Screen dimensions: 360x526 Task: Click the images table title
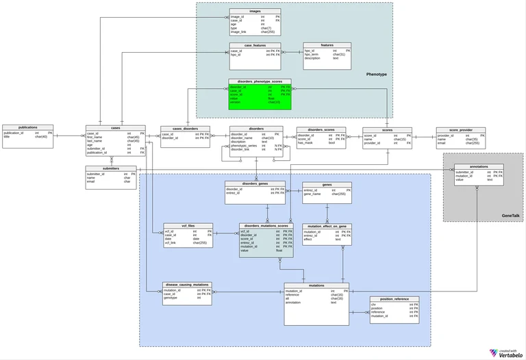pyautogui.click(x=255, y=11)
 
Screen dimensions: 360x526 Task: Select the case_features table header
pyautogui.click(x=255, y=45)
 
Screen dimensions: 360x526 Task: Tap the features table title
pyautogui.click(x=327, y=45)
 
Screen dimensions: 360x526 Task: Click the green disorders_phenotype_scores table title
pyautogui.click(x=260, y=81)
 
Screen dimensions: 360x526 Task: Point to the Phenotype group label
pyautogui.click(x=376, y=74)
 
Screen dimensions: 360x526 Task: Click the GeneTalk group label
pyautogui.click(x=510, y=216)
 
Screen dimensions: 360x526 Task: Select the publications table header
pyautogui.click(x=29, y=127)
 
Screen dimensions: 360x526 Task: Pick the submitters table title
pyautogui.click(x=111, y=168)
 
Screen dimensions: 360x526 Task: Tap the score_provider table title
pyautogui.click(x=460, y=129)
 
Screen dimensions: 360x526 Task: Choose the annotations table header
pyautogui.click(x=479, y=166)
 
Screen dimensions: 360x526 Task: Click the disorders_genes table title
pyautogui.click(x=255, y=183)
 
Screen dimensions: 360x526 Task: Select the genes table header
pyautogui.click(x=327, y=184)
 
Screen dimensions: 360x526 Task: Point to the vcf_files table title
pyautogui.click(x=188, y=225)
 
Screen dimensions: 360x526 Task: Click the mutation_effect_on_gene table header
pyautogui.click(x=327, y=226)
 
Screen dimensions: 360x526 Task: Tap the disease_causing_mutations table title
pyautogui.click(x=187, y=284)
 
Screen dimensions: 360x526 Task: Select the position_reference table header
pyautogui.click(x=394, y=298)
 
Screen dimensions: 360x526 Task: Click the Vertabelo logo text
pyautogui.click(x=510, y=354)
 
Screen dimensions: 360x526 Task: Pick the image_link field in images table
pyautogui.click(x=238, y=31)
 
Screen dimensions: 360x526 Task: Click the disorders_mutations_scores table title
pyautogui.click(x=266, y=225)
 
